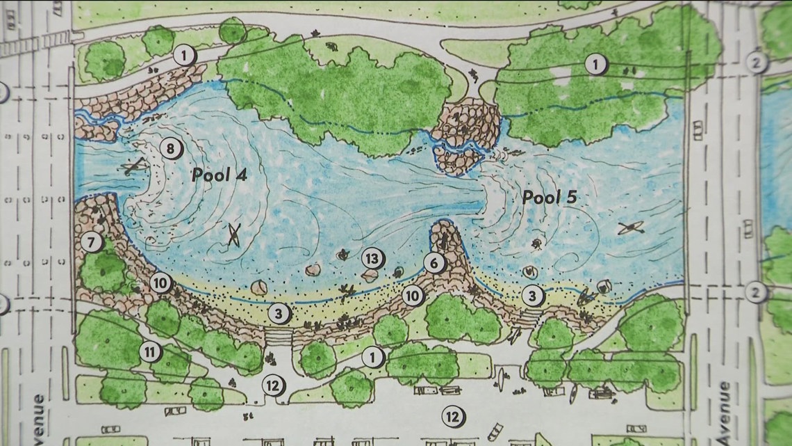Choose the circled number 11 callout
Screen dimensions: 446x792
click(x=150, y=352)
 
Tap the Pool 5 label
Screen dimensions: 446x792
click(x=550, y=198)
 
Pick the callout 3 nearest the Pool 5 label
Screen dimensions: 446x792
click(x=533, y=296)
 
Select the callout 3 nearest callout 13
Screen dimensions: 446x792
click(x=279, y=314)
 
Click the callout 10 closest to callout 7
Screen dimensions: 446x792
click(x=160, y=282)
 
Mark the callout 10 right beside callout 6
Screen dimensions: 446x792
click(x=413, y=295)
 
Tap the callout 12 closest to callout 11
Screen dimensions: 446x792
click(x=272, y=384)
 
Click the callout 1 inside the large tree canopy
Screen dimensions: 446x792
click(x=595, y=65)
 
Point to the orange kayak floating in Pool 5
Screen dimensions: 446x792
click(x=632, y=228)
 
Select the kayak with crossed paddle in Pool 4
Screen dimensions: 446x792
click(x=234, y=236)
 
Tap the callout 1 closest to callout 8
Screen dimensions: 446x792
click(x=184, y=54)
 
